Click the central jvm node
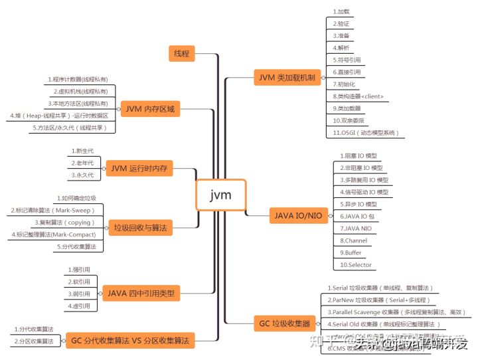(220, 195)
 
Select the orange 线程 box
(181, 54)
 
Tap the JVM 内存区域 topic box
(150, 109)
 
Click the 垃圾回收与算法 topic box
(140, 228)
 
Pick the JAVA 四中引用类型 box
(141, 292)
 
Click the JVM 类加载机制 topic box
(287, 77)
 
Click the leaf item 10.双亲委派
(349, 120)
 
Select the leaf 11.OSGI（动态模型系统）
(366, 132)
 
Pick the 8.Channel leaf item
(353, 240)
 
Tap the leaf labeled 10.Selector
(356, 264)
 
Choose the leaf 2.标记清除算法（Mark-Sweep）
(53, 210)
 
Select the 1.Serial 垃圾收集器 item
(380, 288)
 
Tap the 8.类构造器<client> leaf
(358, 96)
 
